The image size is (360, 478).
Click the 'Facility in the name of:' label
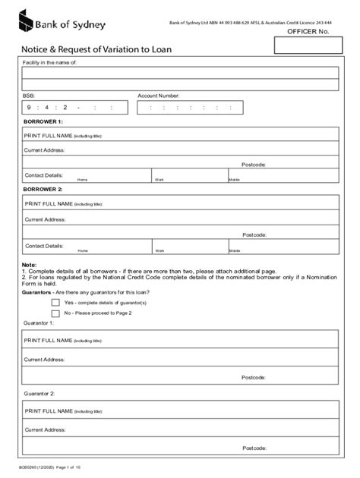pos(50,62)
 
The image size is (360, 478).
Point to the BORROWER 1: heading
pos(43,121)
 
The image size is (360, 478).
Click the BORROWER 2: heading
pos(43,189)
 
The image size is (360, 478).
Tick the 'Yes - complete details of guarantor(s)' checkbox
pos(55,302)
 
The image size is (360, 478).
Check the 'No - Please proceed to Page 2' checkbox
pos(55,312)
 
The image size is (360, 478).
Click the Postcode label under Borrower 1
pos(254,164)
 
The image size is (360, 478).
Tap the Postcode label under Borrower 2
pos(254,234)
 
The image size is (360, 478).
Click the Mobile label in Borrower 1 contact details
pos(235,180)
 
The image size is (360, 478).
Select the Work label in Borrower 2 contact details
pos(159,250)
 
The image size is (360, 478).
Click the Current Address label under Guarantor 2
pos(45,430)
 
